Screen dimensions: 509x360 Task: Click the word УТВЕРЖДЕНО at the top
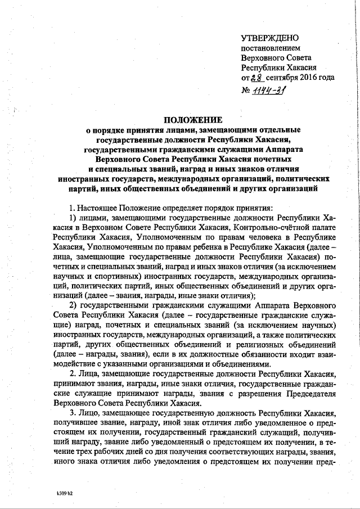(268, 38)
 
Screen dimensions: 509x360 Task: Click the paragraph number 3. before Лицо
(71, 412)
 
